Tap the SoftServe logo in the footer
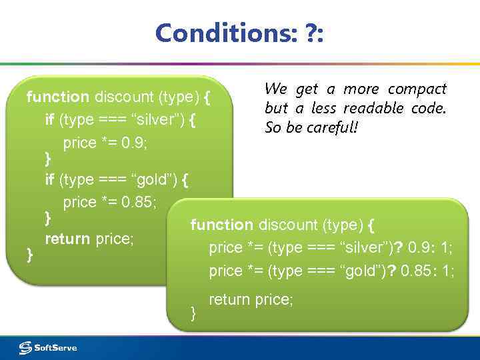pyautogui.click(x=48, y=347)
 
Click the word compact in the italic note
pyautogui.click(x=417, y=89)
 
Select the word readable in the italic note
pyautogui.click(x=370, y=108)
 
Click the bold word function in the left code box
pyautogui.click(x=57, y=97)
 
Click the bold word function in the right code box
pyautogui.click(x=222, y=225)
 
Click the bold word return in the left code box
pyautogui.click(x=68, y=238)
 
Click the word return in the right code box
pyautogui.click(x=230, y=300)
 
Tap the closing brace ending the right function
pyautogui.click(x=193, y=311)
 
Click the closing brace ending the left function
pyautogui.click(x=29, y=253)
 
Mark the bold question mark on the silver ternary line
pyautogui.click(x=398, y=248)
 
